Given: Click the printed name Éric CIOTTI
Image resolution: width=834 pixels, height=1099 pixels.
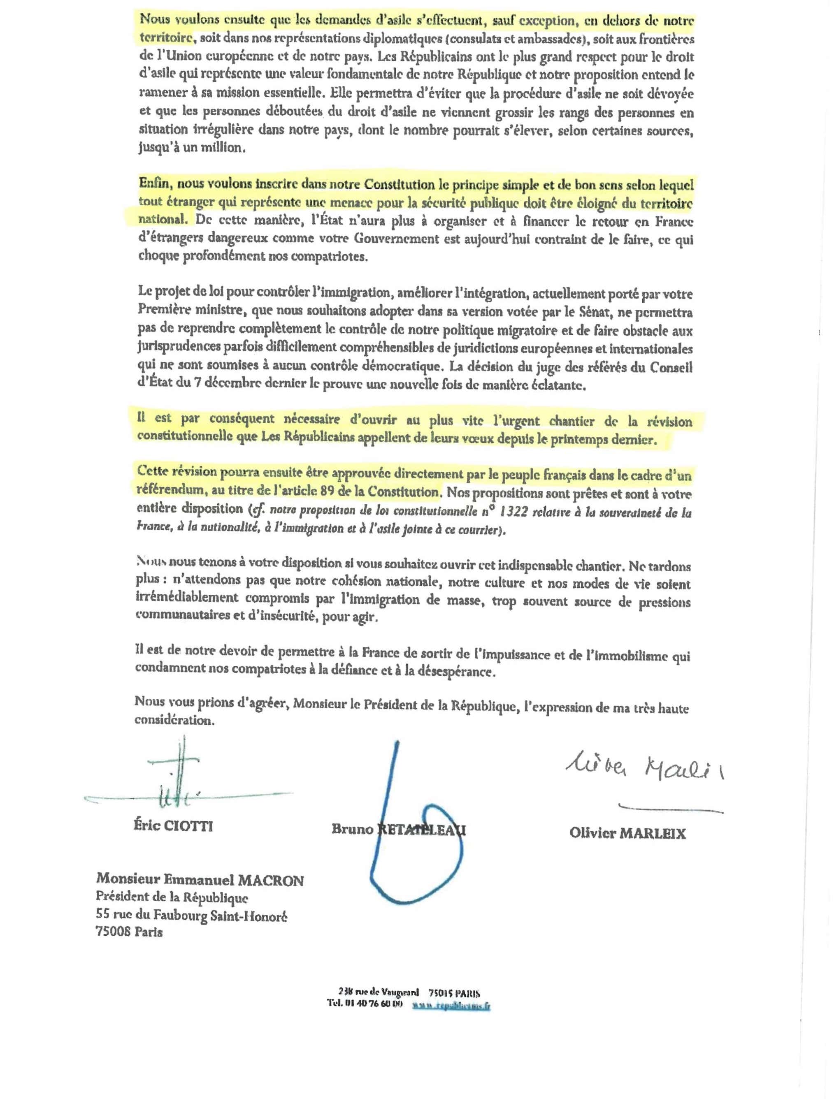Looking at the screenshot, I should [173, 826].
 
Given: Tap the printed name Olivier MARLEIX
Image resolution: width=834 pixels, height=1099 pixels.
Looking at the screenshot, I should [627, 833].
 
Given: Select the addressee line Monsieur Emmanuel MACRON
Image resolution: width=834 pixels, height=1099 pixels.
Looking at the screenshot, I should [200, 880].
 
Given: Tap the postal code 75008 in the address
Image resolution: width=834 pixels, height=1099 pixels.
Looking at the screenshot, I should [113, 931].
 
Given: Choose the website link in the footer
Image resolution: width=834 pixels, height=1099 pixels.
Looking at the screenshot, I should [451, 1006].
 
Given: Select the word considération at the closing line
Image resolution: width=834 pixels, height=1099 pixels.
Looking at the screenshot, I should [174, 721].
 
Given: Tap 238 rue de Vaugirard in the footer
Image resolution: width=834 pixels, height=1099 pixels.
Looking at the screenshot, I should [378, 993].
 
